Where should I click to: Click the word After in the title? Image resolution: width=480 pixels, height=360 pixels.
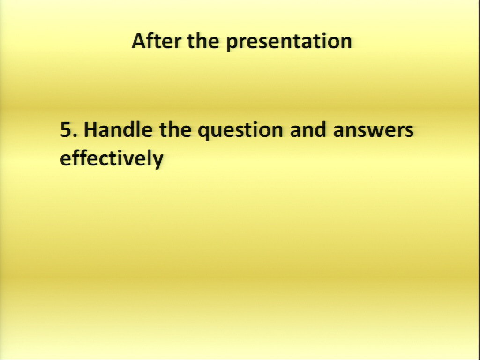[157, 41]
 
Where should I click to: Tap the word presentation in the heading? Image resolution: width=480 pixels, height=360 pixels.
[289, 42]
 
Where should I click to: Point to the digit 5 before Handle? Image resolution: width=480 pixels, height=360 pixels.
[66, 129]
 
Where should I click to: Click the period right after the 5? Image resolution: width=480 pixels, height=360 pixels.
[75, 135]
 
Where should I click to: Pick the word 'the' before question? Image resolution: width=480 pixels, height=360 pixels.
[175, 129]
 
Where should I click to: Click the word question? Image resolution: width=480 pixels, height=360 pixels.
[240, 131]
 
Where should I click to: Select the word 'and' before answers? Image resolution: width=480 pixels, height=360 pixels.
[308, 129]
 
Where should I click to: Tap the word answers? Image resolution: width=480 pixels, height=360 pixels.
[373, 130]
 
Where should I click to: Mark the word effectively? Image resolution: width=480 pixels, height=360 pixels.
[112, 158]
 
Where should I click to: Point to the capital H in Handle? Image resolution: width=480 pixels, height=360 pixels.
[91, 129]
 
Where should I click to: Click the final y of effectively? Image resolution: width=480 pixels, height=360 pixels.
[157, 161]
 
